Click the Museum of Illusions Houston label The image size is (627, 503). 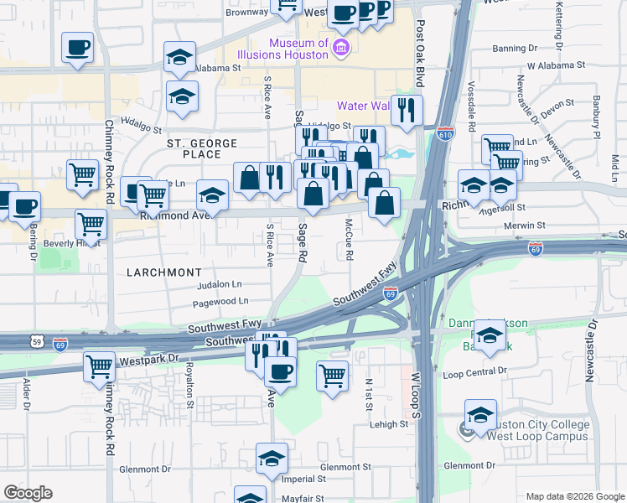coord(298,49)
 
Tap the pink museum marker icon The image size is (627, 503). coord(341,49)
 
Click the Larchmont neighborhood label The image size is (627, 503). coord(164,272)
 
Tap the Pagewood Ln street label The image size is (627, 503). coord(220,301)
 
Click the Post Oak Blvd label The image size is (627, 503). coord(421,54)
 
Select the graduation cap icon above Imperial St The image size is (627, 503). coord(272,458)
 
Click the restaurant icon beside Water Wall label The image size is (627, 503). coord(407,109)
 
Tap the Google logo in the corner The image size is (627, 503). coord(28,493)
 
